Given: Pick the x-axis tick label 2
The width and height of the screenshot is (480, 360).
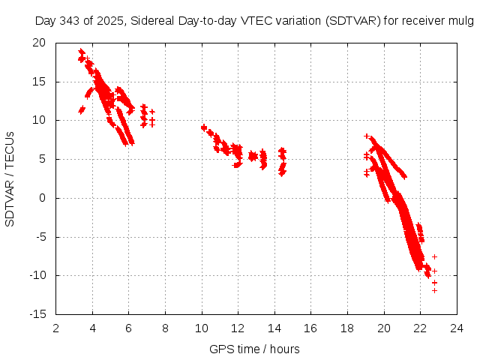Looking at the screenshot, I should click(x=56, y=328).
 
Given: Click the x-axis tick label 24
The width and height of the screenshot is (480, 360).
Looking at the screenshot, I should click(x=457, y=328).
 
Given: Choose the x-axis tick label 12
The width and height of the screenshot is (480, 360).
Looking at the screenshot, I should click(x=238, y=328).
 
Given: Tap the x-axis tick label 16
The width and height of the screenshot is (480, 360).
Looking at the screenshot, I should click(x=311, y=328).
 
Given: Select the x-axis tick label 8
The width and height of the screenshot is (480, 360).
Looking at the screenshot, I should click(x=166, y=328).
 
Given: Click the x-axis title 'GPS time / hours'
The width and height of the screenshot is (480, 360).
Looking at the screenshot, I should click(x=256, y=349).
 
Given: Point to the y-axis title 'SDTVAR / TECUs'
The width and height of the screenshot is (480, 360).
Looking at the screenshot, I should click(x=10, y=178).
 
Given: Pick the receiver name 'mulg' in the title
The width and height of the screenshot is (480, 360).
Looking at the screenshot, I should click(x=460, y=21).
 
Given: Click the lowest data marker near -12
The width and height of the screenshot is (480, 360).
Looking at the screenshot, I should click(x=434, y=290).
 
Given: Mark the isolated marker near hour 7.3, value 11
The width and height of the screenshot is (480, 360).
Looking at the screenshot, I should click(x=152, y=112).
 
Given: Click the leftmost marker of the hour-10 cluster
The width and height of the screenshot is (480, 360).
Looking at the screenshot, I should click(x=203, y=127).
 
